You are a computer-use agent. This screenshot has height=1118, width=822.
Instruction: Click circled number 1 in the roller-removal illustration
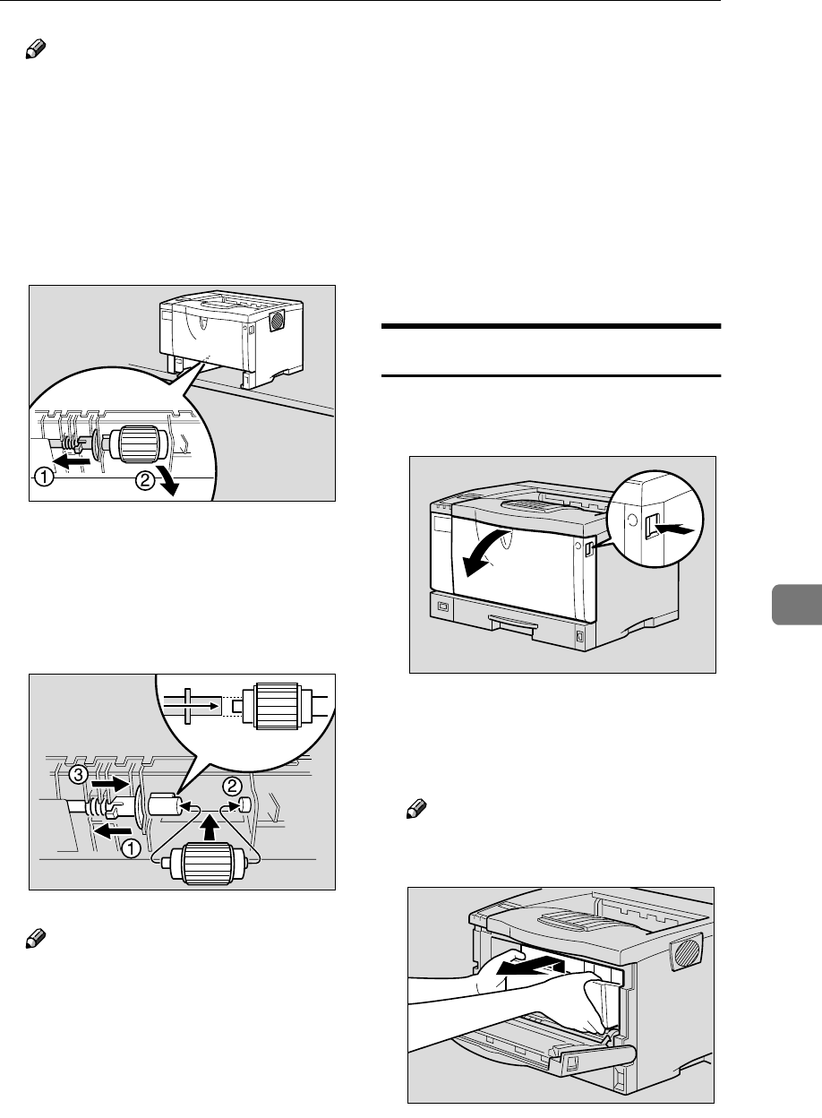point(42,477)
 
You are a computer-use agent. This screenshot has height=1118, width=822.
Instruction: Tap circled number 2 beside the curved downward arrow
point(144,481)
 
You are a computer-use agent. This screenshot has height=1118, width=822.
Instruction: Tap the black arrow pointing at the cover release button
point(678,530)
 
